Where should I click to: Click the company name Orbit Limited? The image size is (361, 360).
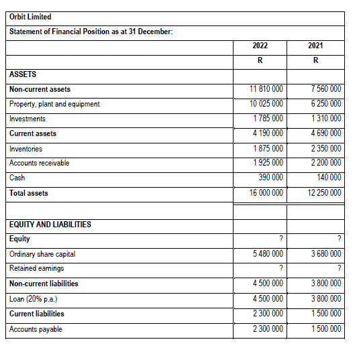click(31, 17)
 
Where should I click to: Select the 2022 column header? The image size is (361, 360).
click(260, 46)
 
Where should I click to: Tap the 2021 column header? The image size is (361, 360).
click(315, 46)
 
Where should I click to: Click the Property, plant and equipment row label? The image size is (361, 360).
click(54, 104)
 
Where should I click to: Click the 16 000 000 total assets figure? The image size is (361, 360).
click(266, 193)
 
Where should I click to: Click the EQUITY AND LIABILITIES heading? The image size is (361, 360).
click(50, 224)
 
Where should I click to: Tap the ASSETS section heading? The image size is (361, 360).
click(23, 74)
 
